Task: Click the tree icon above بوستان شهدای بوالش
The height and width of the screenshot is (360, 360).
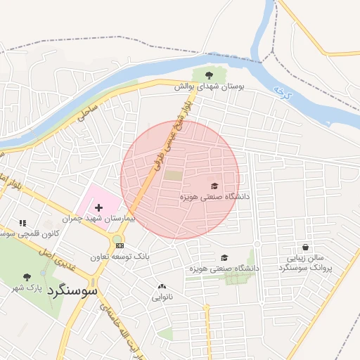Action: pyautogui.click(x=208, y=75)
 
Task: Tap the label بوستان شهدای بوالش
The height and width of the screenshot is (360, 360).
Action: pyautogui.click(x=209, y=86)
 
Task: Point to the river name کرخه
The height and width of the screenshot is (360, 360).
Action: pyautogui.click(x=282, y=92)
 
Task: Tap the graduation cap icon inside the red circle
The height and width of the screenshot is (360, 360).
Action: pyautogui.click(x=214, y=186)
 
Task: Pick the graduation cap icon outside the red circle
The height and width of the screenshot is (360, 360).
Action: pyautogui.click(x=224, y=258)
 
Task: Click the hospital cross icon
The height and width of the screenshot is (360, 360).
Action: pyautogui.click(x=98, y=208)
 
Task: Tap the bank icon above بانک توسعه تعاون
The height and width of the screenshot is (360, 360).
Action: pyautogui.click(x=120, y=245)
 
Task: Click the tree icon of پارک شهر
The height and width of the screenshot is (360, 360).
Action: pyautogui.click(x=27, y=277)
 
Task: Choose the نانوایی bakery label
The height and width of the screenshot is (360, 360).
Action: pyautogui.click(x=162, y=297)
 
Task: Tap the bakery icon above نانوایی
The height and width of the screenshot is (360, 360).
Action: pyautogui.click(x=162, y=286)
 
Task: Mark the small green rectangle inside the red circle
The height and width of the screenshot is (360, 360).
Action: pyautogui.click(x=173, y=175)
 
